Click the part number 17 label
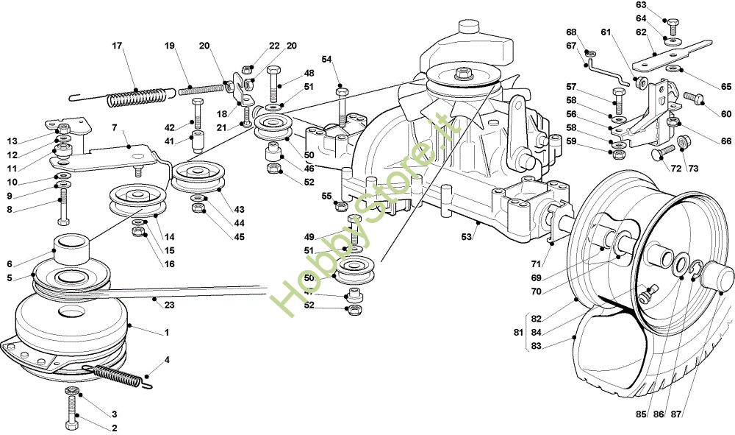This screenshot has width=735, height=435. coord(117,46)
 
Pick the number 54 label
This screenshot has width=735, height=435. coord(326,59)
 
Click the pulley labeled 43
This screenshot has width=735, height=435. coord(198,177)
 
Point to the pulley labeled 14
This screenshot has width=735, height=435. coord(134,200)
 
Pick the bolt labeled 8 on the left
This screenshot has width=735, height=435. coord(63,205)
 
